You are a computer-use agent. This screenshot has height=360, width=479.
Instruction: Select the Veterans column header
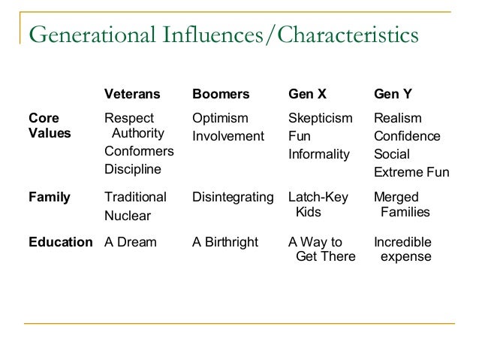[132, 95]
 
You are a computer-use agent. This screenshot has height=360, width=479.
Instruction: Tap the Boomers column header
[220, 95]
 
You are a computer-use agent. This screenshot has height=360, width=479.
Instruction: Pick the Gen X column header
[309, 95]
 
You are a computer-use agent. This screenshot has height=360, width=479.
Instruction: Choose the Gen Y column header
[393, 95]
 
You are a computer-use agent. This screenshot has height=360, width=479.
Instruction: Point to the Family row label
[49, 198]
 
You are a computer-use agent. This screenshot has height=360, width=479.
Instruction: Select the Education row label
[60, 242]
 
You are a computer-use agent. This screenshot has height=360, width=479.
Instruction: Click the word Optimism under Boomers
[220, 118]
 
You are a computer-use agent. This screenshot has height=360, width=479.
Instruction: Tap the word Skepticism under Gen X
[320, 118]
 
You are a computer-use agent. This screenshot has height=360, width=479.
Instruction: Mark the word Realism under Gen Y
[397, 118]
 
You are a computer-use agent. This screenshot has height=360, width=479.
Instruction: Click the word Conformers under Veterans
[139, 151]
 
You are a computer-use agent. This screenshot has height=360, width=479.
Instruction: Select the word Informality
[319, 154]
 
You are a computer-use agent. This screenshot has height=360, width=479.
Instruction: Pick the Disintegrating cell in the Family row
[233, 198]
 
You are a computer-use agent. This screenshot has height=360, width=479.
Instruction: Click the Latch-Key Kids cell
[318, 204]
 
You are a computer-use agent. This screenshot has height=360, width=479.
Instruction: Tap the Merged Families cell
[402, 204]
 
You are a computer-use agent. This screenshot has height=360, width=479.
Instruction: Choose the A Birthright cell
[225, 242]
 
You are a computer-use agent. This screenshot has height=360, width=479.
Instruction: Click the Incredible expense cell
[402, 250]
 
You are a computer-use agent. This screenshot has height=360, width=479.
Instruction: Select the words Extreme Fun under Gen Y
[411, 173]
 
